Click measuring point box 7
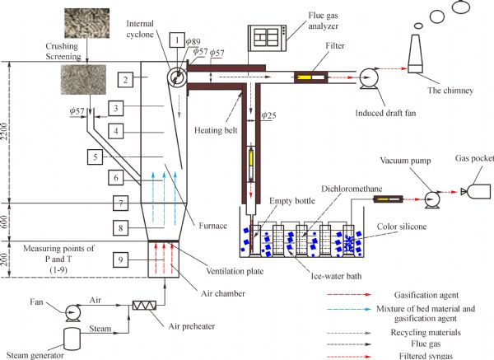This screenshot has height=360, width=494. pyautogui.click(x=120, y=203)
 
